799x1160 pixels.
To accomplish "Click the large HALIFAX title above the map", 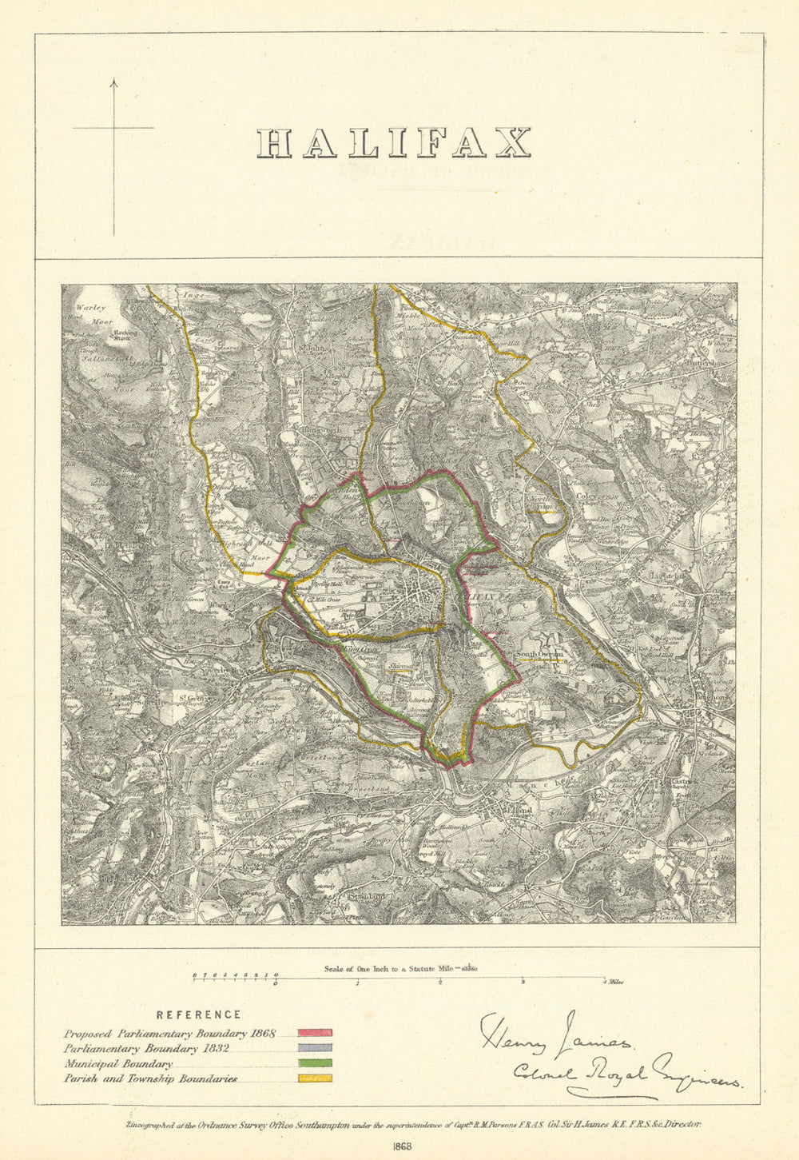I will tap(394, 143).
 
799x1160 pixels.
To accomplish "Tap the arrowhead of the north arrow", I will tap(113, 82).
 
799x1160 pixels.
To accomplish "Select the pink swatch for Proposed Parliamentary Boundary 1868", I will tap(316, 1034).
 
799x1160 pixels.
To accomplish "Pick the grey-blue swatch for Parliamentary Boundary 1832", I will tap(316, 1048).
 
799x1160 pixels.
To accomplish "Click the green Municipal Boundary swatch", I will tap(316, 1063).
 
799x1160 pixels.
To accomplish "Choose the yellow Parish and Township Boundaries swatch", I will tap(316, 1078).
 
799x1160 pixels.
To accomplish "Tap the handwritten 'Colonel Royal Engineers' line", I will tap(626, 1073).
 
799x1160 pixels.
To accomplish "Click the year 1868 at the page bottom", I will tap(402, 1144).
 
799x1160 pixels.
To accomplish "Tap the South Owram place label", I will tap(539, 654).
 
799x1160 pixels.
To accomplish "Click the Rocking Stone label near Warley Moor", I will tap(125, 335).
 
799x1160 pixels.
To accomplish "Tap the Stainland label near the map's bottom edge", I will tap(367, 896).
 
